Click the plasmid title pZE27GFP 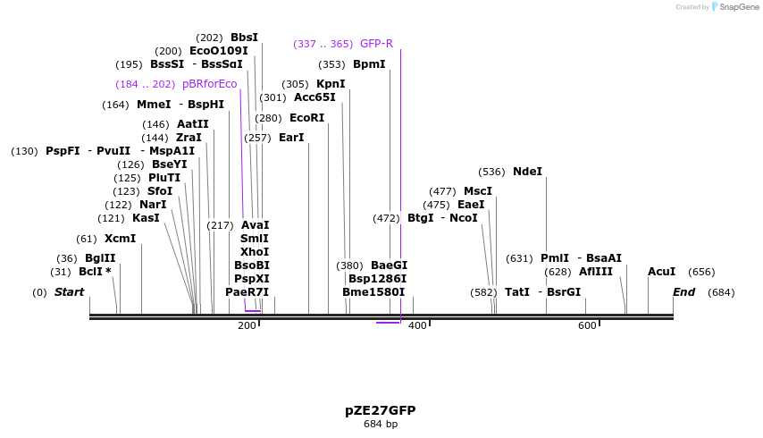[x=380, y=410]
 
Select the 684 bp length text [x=380, y=424]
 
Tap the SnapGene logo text [x=735, y=7]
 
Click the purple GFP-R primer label [x=376, y=44]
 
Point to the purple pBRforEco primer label [x=210, y=84]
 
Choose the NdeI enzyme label [x=527, y=172]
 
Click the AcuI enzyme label [x=661, y=272]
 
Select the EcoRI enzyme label [x=306, y=118]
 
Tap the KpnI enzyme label [x=331, y=84]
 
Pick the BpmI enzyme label [x=369, y=64]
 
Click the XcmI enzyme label [x=120, y=239]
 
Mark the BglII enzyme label [x=100, y=258]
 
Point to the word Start [x=69, y=292]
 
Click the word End [x=683, y=292]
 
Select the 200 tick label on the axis [x=247, y=325]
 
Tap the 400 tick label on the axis [x=416, y=325]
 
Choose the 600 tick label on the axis [x=586, y=325]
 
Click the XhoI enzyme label [x=255, y=252]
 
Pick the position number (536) [x=491, y=172]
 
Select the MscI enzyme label [x=477, y=191]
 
